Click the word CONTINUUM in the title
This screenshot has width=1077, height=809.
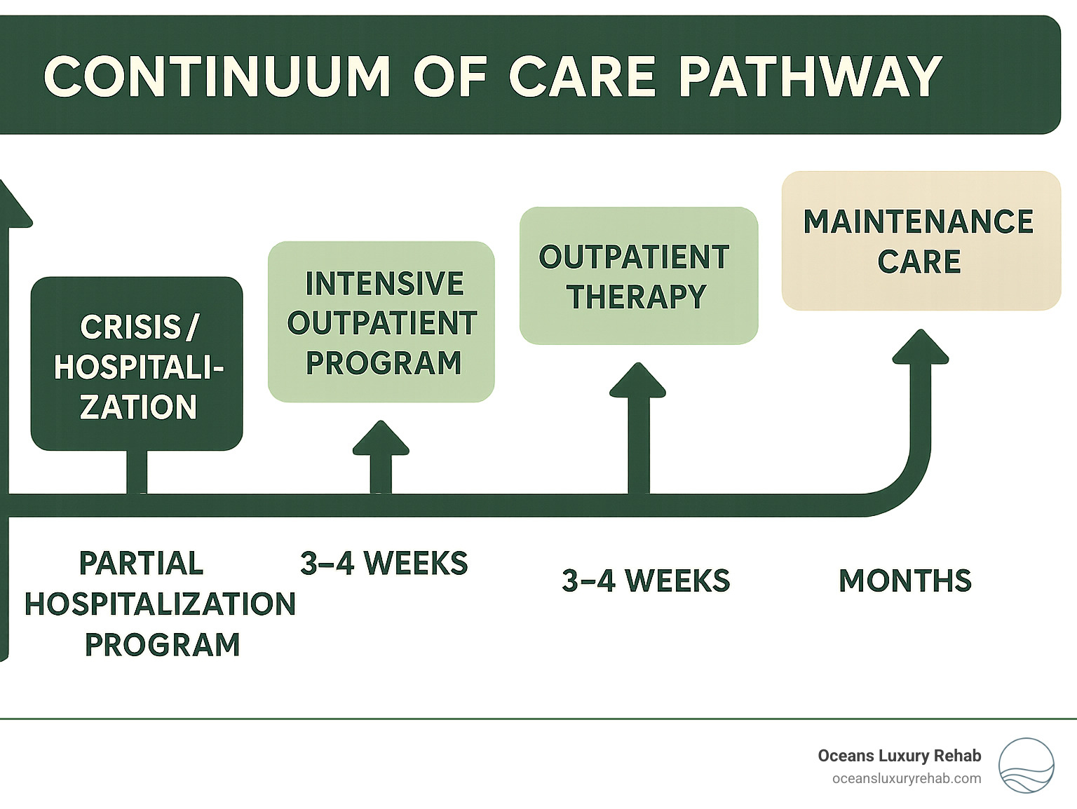tap(217, 76)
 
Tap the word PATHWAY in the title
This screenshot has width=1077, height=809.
tap(810, 76)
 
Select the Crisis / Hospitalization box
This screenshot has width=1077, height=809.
tap(137, 364)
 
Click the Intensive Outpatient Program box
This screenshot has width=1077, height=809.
tap(381, 322)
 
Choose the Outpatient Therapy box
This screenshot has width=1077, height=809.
tap(638, 276)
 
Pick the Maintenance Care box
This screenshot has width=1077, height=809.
tap(921, 240)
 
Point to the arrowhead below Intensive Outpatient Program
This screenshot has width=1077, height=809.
tap(381, 440)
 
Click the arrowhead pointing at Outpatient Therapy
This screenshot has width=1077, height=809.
tap(637, 382)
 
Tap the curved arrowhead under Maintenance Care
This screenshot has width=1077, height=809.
tap(920, 348)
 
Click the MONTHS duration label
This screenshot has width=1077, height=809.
tap(905, 581)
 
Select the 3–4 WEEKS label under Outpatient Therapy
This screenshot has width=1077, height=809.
tap(646, 581)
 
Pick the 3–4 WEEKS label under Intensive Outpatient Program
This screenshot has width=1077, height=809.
tap(384, 564)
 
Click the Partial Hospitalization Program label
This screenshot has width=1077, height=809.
tap(161, 604)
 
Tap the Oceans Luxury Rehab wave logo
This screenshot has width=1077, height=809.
tap(1026, 766)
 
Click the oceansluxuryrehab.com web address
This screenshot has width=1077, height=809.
tap(907, 779)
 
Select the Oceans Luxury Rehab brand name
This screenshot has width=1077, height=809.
tap(899, 756)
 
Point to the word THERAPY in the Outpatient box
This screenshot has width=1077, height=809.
tap(637, 297)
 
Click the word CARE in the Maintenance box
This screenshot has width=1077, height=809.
tap(919, 262)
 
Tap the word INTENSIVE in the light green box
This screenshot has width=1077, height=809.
tap(384, 284)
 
